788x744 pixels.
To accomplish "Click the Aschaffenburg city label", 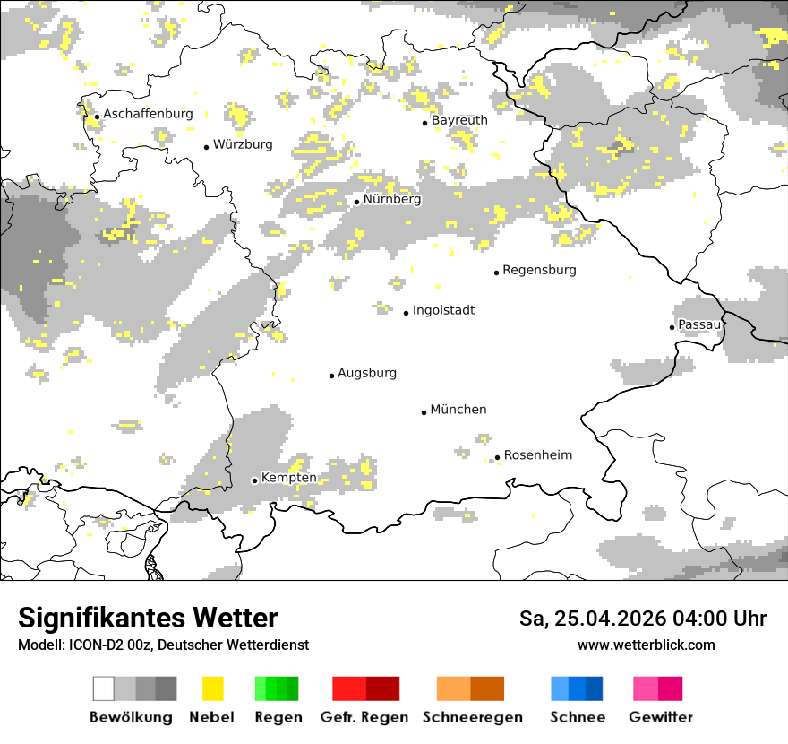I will click(148, 114).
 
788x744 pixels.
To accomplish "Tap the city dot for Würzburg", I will click(206, 147).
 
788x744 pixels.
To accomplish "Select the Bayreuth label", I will click(459, 120).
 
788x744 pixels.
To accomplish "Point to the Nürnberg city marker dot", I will click(356, 202).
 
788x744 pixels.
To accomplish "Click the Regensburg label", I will click(539, 270).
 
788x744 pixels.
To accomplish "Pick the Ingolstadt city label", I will click(443, 310).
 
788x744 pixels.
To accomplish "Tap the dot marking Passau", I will click(672, 327).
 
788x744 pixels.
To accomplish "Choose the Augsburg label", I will click(367, 373).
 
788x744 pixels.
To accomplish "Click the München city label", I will click(458, 410).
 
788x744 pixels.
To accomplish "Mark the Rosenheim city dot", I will click(498, 458).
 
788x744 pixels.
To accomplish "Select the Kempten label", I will click(288, 478).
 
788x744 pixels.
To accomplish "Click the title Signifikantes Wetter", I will click(148, 619).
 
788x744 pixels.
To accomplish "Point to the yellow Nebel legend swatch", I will click(212, 688).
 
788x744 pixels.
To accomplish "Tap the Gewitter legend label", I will click(661, 717).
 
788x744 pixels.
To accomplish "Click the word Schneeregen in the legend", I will click(473, 717).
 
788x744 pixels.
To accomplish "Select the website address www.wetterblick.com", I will click(646, 645).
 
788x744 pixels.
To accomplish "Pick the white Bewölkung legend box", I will click(104, 688).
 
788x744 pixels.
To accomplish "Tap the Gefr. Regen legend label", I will click(364, 717).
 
